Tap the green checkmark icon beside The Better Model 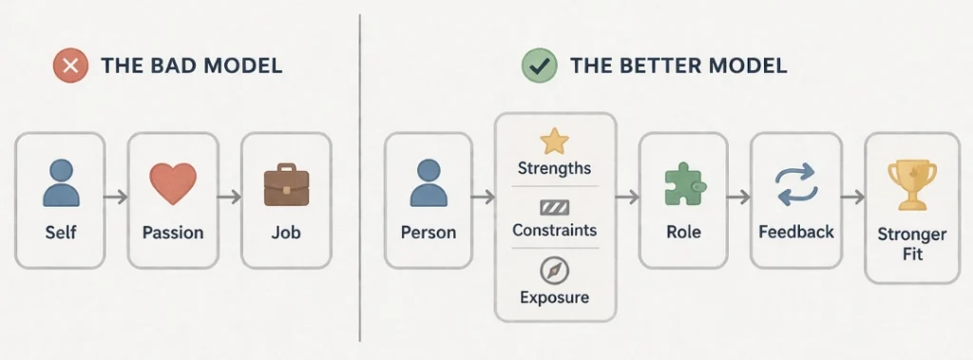[x=539, y=66]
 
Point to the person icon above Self [x=61, y=182]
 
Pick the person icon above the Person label [x=428, y=182]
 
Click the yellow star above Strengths [x=554, y=142]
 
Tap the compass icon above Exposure [x=554, y=271]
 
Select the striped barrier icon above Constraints [x=554, y=207]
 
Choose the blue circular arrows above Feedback [x=795, y=185]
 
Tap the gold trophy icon [x=911, y=184]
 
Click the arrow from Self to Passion [x=116, y=198]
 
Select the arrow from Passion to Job [x=229, y=198]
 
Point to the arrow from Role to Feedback [x=738, y=198]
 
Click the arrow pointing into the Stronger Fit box [x=851, y=198]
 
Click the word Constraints [x=554, y=230]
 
